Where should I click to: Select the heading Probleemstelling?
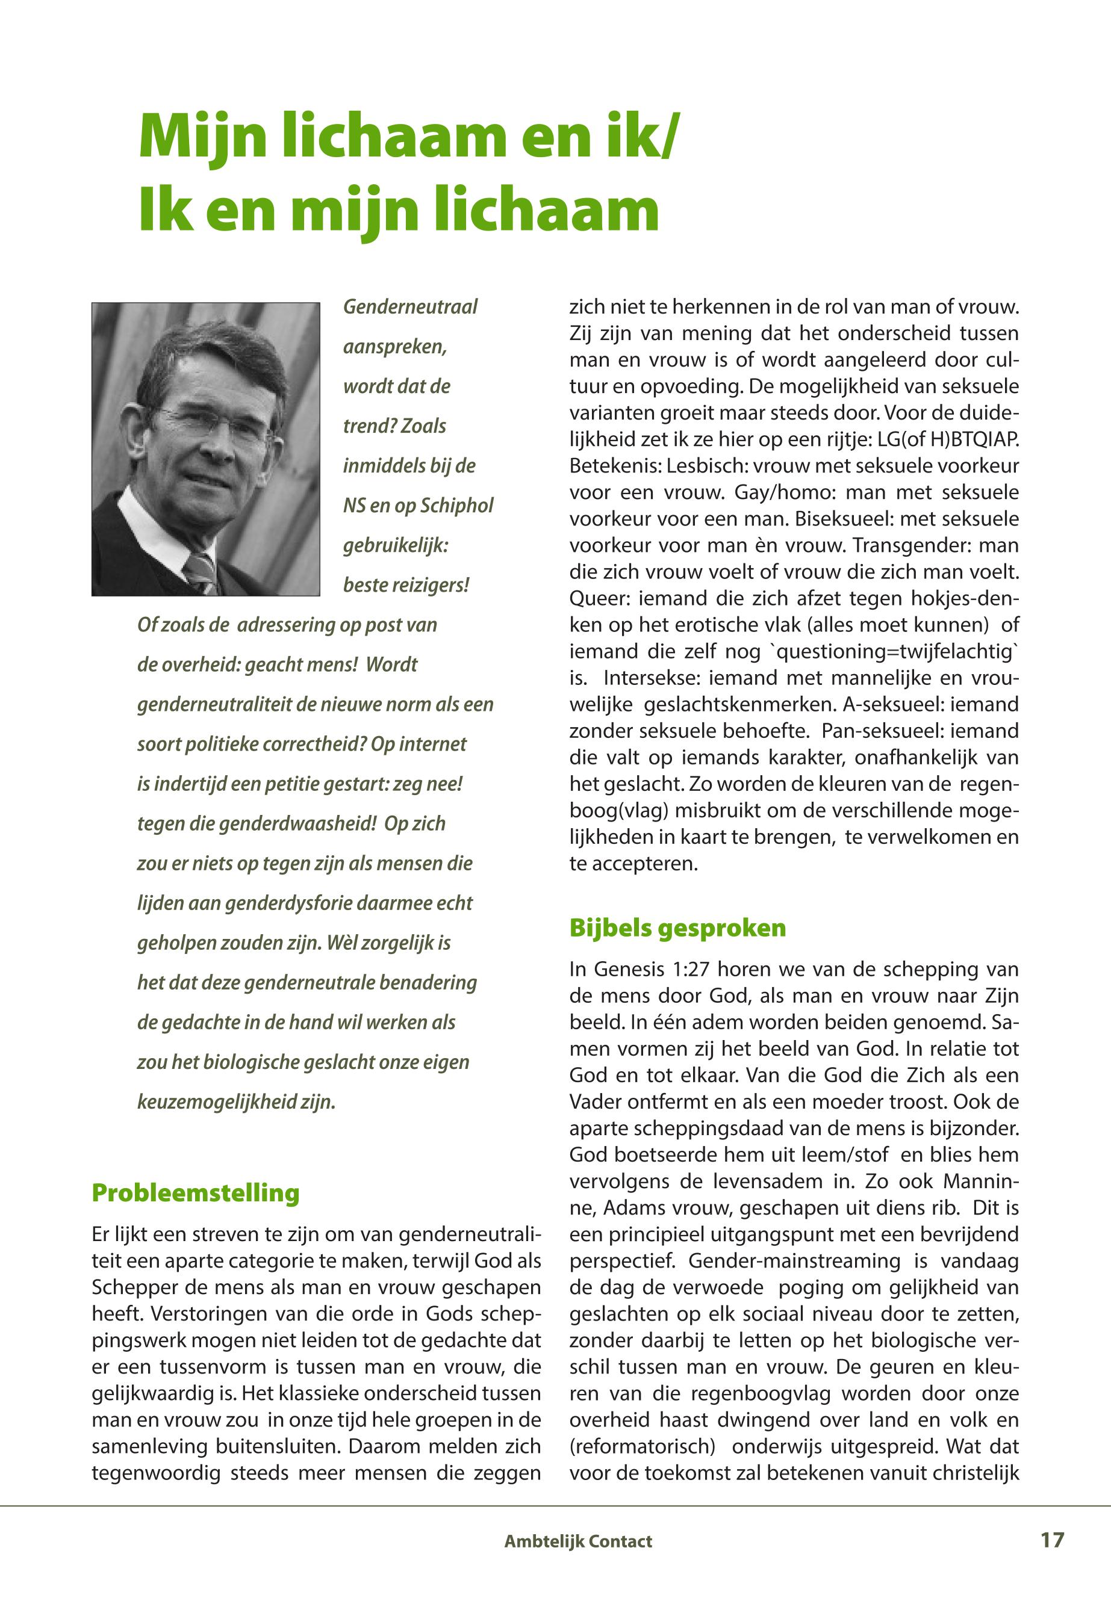click(x=196, y=1192)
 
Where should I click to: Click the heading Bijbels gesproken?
click(x=677, y=928)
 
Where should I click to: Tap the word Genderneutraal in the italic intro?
click(x=410, y=307)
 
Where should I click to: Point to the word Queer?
click(x=599, y=598)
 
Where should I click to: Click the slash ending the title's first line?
click(x=668, y=137)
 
